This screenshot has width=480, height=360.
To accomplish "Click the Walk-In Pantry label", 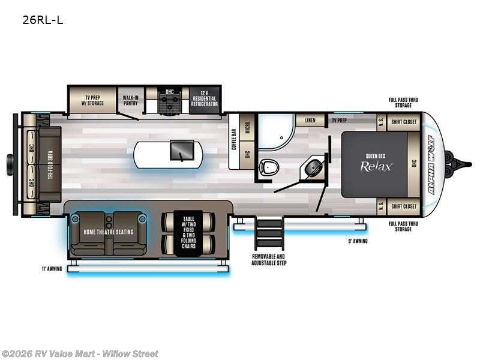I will (x=131, y=100).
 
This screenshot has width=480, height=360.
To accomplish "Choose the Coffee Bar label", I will (x=235, y=139).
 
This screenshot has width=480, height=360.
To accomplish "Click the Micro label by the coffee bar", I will (x=247, y=132).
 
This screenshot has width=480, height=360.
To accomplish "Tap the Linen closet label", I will (x=310, y=120).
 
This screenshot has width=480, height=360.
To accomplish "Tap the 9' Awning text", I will (x=357, y=241).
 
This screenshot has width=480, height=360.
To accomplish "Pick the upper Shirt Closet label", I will (x=404, y=121).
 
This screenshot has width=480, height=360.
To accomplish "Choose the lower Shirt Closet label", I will (x=404, y=206).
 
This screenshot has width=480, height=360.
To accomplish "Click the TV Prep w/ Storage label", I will (x=92, y=100).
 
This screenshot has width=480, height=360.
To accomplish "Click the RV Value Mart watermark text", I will (x=80, y=354).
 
